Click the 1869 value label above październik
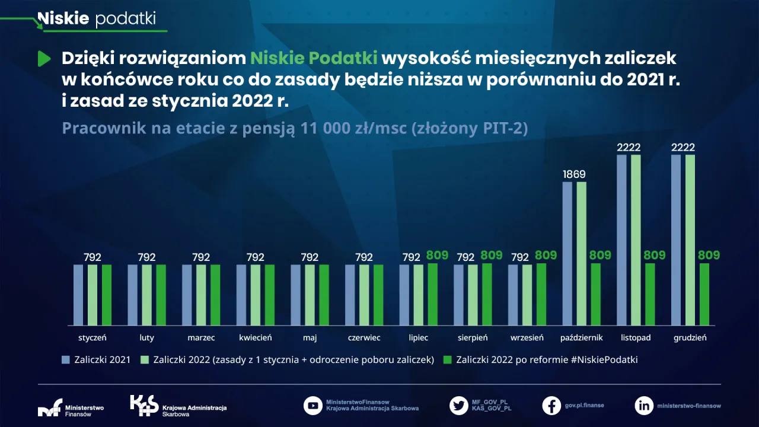coord(574,174)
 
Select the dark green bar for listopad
coord(650,294)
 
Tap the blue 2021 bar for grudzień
coord(676,240)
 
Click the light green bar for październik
coord(582,253)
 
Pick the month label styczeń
coord(92,337)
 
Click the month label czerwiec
coord(364,337)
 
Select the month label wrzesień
coord(527,337)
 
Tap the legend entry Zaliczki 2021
coord(97,359)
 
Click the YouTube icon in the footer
coord(312,406)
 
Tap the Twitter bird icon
coord(458,406)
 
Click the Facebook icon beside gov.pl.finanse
coord(551,406)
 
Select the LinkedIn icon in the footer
coord(644,406)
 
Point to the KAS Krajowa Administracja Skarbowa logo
coord(178,406)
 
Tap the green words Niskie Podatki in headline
coord(314,58)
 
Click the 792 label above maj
coord(310,257)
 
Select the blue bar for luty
coord(133,295)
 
